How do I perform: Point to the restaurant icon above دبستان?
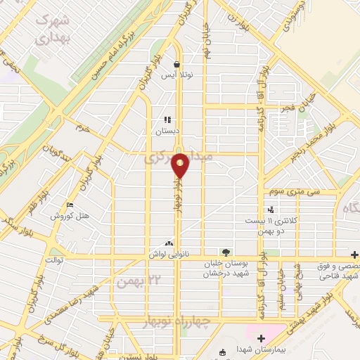tap(167, 120)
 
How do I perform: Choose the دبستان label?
tap(168, 130)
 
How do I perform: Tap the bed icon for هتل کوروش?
tap(69, 205)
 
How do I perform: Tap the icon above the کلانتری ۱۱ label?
tap(271, 210)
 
